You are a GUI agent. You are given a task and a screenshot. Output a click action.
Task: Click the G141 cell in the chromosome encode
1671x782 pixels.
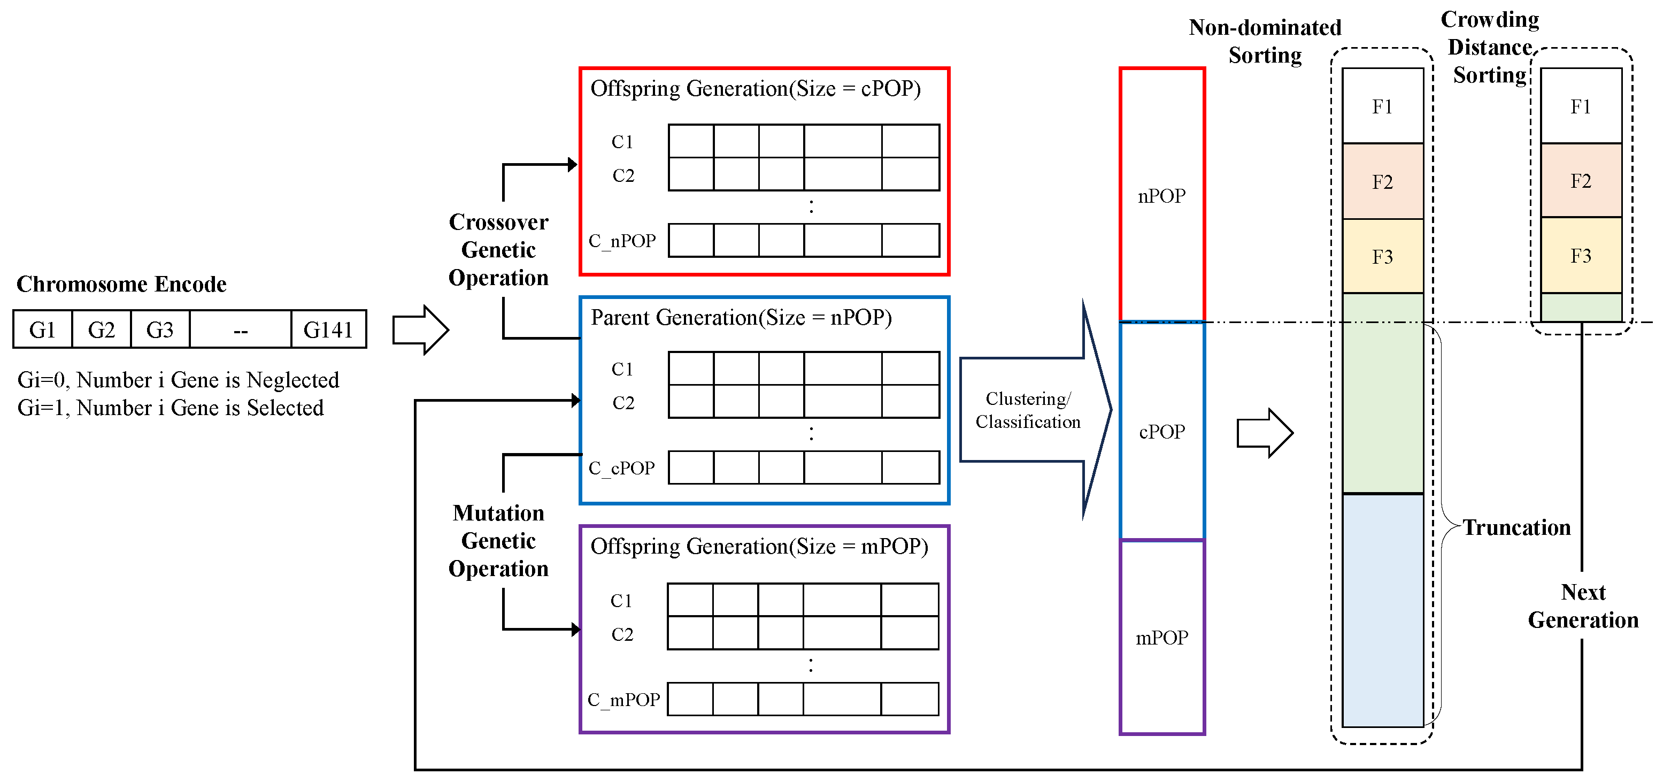coord(328,329)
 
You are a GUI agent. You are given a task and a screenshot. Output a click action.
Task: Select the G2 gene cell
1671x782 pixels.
coord(101,329)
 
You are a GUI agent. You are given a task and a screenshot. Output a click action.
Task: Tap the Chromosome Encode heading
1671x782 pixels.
coord(121,284)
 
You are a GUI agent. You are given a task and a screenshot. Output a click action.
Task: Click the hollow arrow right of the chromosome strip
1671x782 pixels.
coord(420,329)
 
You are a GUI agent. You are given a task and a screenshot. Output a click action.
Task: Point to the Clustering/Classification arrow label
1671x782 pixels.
coord(1028,410)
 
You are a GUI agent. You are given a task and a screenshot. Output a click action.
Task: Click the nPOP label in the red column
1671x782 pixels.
coord(1161,196)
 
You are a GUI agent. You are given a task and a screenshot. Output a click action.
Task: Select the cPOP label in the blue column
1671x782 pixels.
coord(1161,432)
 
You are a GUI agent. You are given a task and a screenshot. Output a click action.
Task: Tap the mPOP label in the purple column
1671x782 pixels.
coord(1161,638)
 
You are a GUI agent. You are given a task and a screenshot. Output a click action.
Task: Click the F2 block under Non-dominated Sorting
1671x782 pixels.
coord(1382,182)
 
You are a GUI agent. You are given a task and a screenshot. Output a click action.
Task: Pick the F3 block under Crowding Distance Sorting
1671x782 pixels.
coord(1581,256)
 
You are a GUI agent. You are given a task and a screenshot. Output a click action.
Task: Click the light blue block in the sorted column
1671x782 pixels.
coord(1382,610)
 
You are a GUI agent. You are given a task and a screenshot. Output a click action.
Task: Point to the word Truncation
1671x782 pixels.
coord(1516,527)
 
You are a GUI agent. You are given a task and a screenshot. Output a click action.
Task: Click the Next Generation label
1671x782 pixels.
coord(1583,606)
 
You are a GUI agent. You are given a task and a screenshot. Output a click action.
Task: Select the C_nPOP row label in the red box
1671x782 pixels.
coord(622,241)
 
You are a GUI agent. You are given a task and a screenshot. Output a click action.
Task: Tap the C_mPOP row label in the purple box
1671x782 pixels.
coord(623,700)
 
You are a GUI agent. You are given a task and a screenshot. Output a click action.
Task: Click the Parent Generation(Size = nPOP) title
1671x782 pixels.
coord(741,317)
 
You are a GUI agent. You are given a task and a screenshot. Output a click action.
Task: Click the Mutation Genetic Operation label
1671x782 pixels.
coord(498,541)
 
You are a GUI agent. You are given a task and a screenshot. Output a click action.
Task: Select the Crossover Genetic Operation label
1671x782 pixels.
coord(498,250)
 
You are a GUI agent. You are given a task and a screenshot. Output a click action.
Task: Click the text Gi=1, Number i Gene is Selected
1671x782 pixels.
coord(171,408)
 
